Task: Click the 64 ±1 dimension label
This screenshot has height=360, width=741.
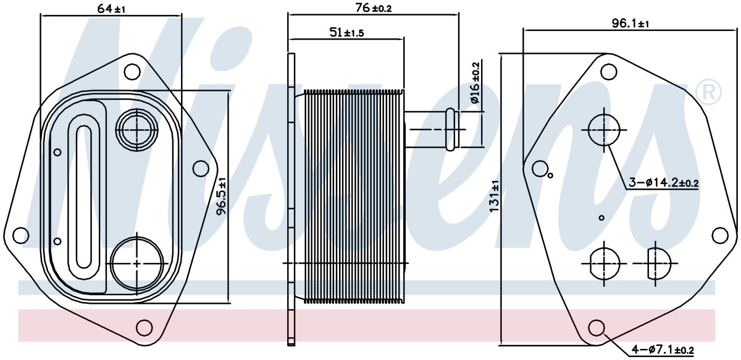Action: [112, 9]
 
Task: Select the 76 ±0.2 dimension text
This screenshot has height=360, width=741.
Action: [374, 8]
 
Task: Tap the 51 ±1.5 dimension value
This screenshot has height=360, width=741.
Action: [346, 33]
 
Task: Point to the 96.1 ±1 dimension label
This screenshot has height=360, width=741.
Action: [630, 23]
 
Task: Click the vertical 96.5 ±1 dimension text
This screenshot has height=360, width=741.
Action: [221, 196]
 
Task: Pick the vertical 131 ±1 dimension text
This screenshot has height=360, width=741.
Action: [494, 196]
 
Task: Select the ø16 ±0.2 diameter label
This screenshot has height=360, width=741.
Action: [475, 82]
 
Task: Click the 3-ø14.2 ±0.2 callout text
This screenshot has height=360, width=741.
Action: [663, 182]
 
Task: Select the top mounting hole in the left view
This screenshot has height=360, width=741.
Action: [132, 71]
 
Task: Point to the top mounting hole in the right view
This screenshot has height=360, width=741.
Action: [609, 72]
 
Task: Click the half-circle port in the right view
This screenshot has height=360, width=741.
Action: [659, 264]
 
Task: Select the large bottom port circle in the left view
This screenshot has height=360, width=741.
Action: [137, 264]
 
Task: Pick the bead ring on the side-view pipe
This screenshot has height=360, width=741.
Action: [450, 130]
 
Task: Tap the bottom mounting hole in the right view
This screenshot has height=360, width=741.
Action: [597, 328]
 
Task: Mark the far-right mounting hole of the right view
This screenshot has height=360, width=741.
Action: [720, 236]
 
